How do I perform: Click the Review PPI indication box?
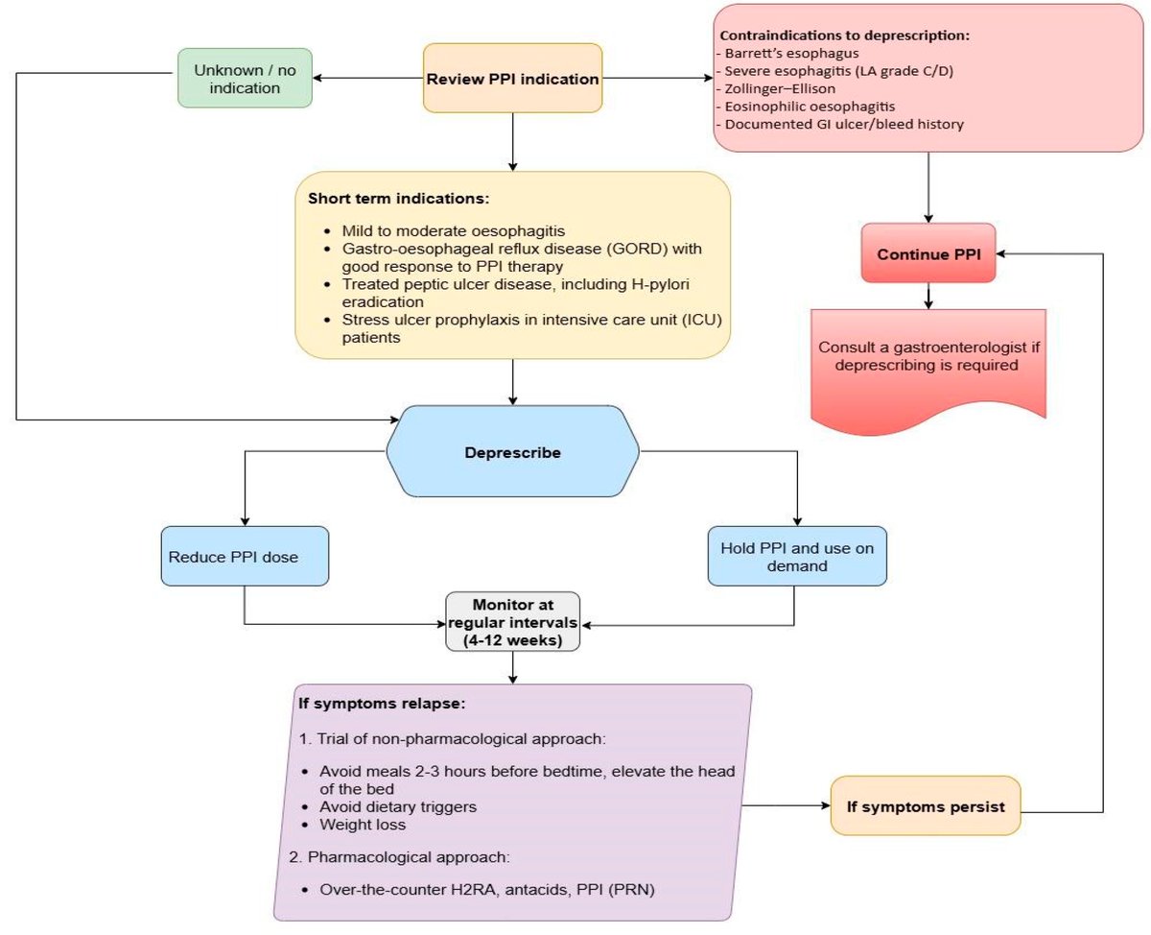[x=513, y=78]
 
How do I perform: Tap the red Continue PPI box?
[x=928, y=253]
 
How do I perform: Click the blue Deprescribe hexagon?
[x=513, y=451]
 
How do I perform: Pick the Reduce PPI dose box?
[x=246, y=556]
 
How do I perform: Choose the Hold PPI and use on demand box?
[x=796, y=556]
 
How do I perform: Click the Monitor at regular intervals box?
[x=513, y=621]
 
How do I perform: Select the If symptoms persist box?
[x=925, y=806]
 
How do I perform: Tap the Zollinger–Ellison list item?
[x=780, y=89]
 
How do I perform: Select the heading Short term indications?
[x=398, y=199]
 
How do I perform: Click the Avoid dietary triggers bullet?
[x=398, y=806]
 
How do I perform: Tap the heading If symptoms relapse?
[x=382, y=704]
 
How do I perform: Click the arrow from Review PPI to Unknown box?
[x=372, y=78]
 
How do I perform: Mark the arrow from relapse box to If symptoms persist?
[x=787, y=806]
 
